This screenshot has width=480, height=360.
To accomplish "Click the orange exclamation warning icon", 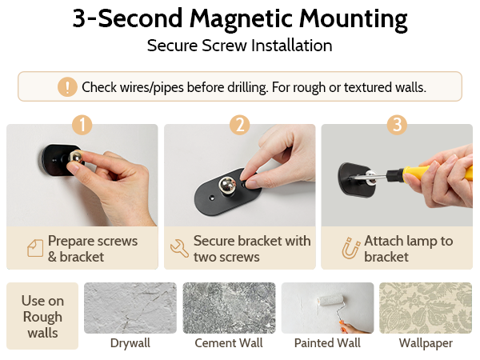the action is point(67,87).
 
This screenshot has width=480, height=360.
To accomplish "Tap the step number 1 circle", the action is point(82,125).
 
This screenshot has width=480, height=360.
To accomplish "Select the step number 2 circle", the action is point(240,125).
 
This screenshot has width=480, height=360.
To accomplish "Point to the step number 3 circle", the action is point(397,125).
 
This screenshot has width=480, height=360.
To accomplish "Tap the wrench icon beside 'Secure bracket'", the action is point(179,248).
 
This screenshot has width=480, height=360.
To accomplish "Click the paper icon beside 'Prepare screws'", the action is point(35,248).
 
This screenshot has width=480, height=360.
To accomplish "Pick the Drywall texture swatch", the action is point(130,308).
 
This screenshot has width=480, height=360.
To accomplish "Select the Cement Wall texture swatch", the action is point(229,308).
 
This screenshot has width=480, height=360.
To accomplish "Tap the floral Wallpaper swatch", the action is point(426,308).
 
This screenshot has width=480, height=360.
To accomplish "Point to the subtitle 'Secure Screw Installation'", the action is point(240,46).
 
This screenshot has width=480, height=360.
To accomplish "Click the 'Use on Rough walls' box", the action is point(42,316).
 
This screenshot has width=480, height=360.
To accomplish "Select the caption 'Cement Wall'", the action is point(229,343).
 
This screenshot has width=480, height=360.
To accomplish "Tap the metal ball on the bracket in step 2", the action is point(227,186).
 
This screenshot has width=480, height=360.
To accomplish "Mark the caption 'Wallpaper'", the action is point(426,343).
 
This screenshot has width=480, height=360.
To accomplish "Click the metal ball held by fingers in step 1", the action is point(75,157).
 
